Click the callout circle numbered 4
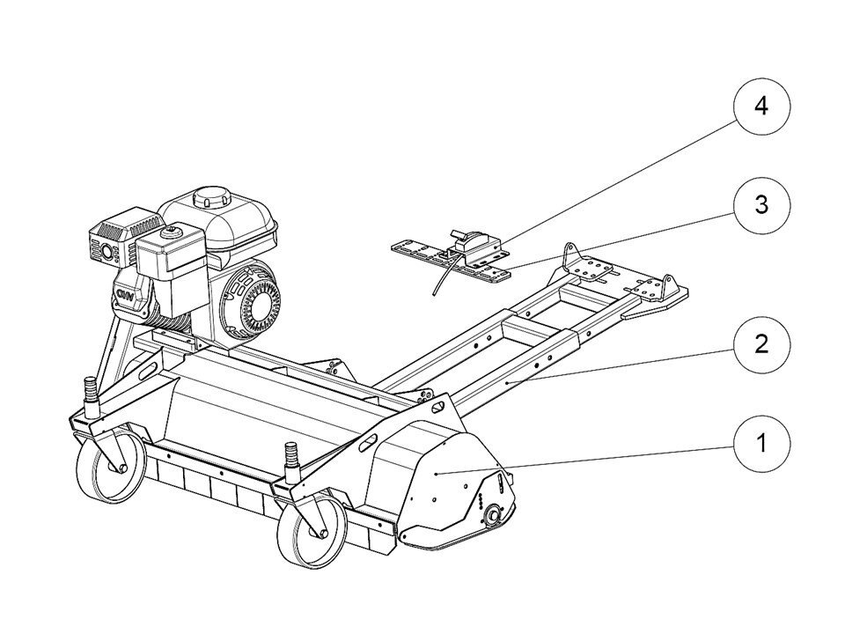(761, 107)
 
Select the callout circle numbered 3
(761, 205)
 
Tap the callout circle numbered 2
(761, 344)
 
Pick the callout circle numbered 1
(761, 443)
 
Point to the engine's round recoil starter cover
(252, 299)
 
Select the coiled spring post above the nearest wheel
(291, 461)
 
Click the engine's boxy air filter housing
(171, 269)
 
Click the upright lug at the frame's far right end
(669, 285)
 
